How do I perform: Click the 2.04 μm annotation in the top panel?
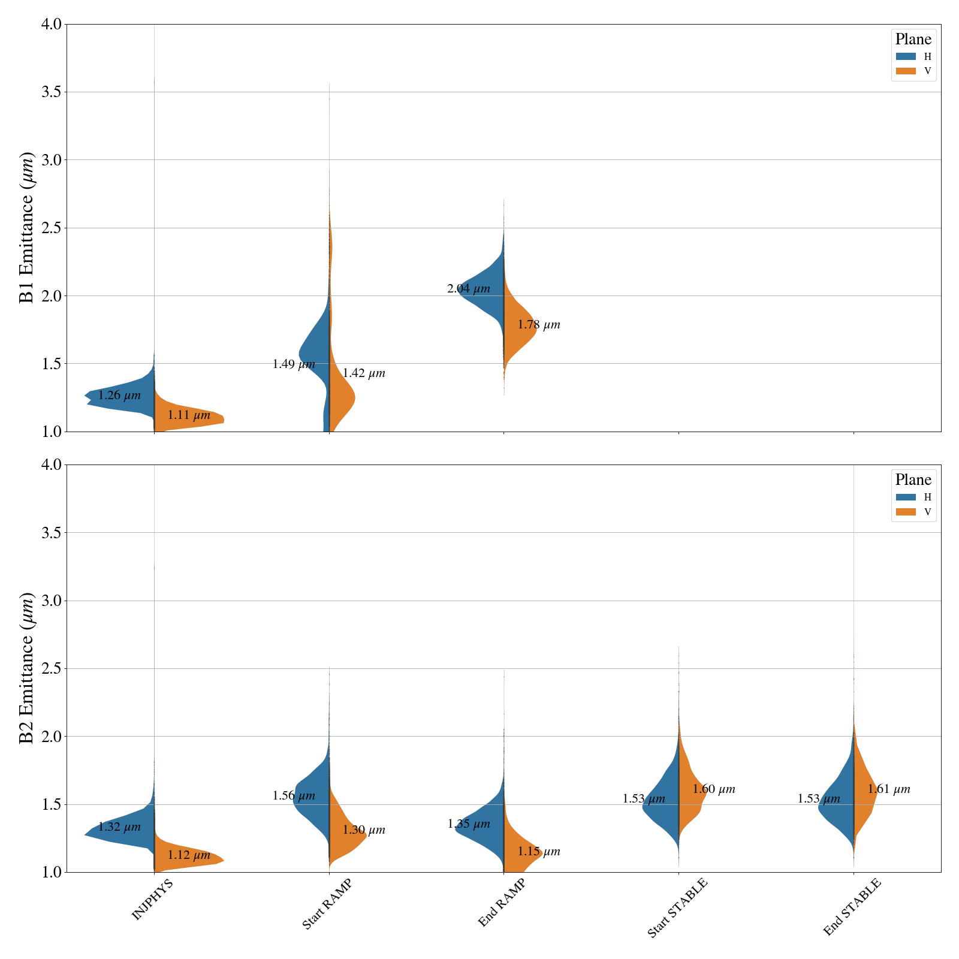[x=469, y=289]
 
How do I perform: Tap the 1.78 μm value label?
[x=539, y=325]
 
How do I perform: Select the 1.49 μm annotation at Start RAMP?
[x=294, y=364]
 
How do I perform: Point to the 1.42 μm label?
[x=364, y=373]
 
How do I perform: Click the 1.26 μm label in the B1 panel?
[x=119, y=396]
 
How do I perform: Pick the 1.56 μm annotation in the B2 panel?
[x=294, y=796]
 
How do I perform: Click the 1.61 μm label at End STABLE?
[x=889, y=789]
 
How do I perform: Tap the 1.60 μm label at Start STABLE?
[x=714, y=789]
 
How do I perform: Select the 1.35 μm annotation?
[x=469, y=824]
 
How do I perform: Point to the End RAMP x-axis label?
[x=502, y=903]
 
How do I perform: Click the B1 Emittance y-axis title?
[x=27, y=228]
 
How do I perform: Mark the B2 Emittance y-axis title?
[x=27, y=668]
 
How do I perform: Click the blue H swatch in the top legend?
[x=906, y=56]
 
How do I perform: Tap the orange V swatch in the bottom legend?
[x=906, y=512]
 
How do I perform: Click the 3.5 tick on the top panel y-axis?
[x=52, y=92]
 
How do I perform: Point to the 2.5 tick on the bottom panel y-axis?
[x=52, y=668]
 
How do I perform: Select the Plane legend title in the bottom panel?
[x=913, y=479]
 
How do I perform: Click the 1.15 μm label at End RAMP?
[x=539, y=852]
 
